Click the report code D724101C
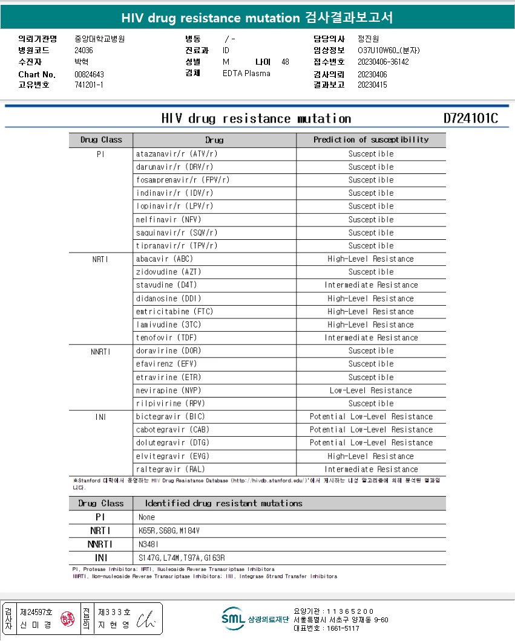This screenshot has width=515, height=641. click(x=470, y=118)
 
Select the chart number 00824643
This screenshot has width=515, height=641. click(x=89, y=74)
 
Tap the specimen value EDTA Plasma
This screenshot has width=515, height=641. click(x=246, y=73)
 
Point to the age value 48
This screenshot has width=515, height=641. click(x=286, y=62)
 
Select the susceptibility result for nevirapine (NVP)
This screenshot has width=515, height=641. click(x=371, y=390)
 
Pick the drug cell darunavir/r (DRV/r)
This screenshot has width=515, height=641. click(x=174, y=167)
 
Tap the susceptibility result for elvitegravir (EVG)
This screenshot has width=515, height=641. click(x=371, y=456)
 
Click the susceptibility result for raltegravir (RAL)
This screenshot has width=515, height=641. click(x=371, y=469)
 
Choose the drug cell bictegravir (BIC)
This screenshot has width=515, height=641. click(x=172, y=416)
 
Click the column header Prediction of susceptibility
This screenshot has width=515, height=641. click(x=371, y=140)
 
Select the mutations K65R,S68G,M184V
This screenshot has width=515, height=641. click(x=169, y=530)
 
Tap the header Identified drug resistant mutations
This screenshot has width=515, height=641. click(x=223, y=503)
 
